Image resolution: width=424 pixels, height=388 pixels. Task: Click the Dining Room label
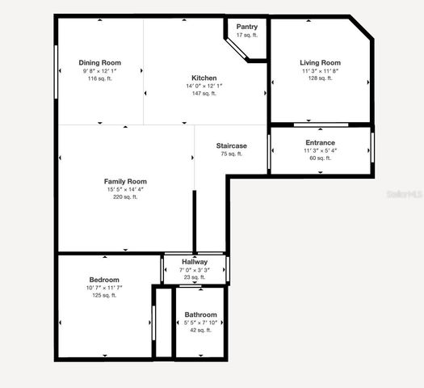[x=100, y=63]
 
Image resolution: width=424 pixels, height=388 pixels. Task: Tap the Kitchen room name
[x=204, y=78]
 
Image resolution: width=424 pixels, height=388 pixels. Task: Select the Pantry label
[x=247, y=27]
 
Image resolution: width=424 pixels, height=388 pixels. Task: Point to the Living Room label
[x=320, y=63]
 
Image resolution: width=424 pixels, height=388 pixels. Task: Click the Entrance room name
[x=320, y=143]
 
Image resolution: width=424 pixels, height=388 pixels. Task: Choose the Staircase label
[x=232, y=145]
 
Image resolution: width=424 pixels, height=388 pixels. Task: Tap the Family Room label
[x=125, y=182]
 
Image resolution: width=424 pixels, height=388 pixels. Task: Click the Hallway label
[x=195, y=262]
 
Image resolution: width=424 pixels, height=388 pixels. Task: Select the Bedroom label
[x=103, y=280]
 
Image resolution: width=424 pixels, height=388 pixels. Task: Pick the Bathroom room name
[x=200, y=314]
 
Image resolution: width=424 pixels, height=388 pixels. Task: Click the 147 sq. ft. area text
[x=204, y=94]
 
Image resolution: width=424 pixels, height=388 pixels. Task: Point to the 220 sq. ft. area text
[x=125, y=197]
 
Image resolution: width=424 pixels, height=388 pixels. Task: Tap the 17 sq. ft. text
[x=247, y=35]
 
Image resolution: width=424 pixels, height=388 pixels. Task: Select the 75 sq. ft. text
[x=232, y=154]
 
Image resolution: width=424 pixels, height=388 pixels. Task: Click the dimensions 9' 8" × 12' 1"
[x=100, y=71]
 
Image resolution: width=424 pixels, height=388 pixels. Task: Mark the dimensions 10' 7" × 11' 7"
[x=103, y=288]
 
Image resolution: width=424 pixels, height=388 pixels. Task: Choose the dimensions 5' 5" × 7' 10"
[x=200, y=323]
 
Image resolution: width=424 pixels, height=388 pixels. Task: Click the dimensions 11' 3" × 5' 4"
[x=320, y=151]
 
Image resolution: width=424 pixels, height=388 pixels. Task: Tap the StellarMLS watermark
[x=403, y=195]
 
